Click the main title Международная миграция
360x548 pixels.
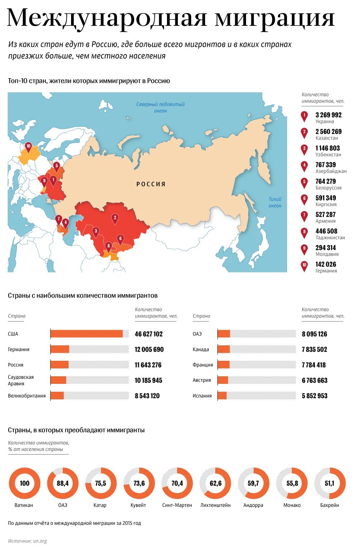[x=171, y=18]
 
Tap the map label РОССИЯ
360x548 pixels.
[x=151, y=184]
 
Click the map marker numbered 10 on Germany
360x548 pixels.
[x=28, y=146]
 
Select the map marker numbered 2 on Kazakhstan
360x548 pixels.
[x=115, y=218]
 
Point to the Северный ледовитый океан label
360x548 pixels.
[x=160, y=108]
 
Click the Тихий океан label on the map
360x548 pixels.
[x=275, y=202]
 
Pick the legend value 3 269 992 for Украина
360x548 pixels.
[x=328, y=115]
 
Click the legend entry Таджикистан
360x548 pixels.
[x=330, y=238]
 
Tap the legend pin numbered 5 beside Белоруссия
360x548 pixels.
[x=304, y=182]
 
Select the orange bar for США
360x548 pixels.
[x=87, y=334]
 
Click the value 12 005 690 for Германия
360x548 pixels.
[x=149, y=350]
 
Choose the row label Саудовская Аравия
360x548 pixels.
[x=21, y=380]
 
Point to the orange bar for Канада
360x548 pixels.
[x=224, y=350]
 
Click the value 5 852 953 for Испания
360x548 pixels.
[x=315, y=396]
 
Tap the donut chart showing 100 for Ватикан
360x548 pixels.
[x=25, y=483]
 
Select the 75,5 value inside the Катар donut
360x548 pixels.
[x=101, y=483]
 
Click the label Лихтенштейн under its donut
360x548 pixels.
[x=215, y=505]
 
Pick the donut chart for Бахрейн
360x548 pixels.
[x=330, y=483]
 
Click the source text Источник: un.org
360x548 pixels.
[x=27, y=541]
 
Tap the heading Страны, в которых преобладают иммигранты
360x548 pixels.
[x=76, y=430]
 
